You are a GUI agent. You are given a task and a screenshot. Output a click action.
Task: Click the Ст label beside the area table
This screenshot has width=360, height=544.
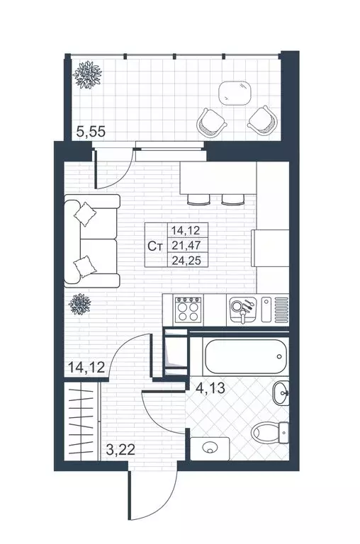tap(156, 246)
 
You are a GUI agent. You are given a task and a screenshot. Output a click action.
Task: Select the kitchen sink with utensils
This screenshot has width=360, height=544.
tap(242, 310)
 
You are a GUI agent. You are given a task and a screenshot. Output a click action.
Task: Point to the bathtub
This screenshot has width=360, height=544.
tap(245, 356)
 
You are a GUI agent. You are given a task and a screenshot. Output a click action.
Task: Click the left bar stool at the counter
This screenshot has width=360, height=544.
tap(198, 199)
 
